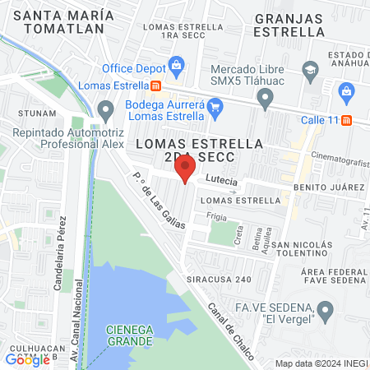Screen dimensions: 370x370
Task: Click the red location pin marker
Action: [x=186, y=170]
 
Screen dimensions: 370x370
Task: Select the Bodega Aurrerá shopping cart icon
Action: [x=215, y=105]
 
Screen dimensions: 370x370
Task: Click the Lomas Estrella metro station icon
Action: [x=156, y=85]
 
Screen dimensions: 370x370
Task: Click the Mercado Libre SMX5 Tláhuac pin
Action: [x=265, y=99]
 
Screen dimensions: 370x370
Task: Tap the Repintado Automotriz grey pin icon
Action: [x=105, y=109]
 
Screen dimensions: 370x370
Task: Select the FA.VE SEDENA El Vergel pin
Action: [x=326, y=312]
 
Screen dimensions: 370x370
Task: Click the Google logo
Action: [x=28, y=359]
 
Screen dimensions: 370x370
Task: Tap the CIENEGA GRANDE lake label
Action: [x=129, y=335]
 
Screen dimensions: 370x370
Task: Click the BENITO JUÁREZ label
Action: [x=329, y=187]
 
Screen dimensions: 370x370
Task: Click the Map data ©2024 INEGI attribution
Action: [x=320, y=363]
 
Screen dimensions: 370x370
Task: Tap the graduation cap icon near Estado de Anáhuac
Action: [x=309, y=69]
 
